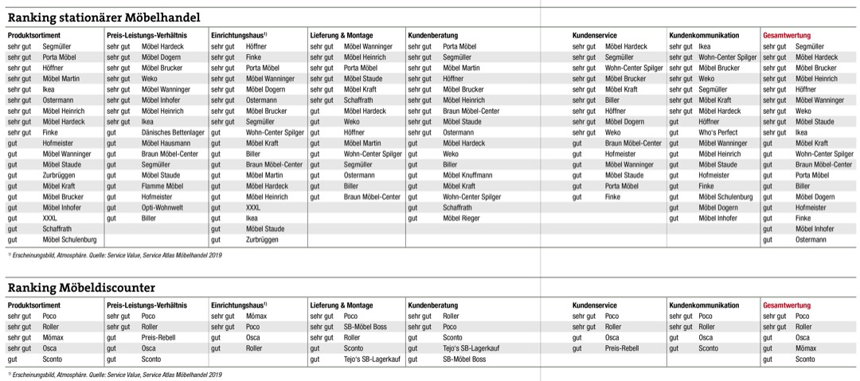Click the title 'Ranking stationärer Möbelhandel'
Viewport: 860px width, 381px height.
[104, 17]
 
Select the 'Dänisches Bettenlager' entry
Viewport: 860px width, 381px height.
[173, 132]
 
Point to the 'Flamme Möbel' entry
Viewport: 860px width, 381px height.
[162, 186]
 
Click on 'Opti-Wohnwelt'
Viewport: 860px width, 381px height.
[163, 207]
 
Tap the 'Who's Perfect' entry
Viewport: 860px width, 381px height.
[719, 132]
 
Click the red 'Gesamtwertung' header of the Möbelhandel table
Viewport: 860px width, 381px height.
[787, 35]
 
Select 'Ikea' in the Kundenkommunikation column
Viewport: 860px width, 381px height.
[705, 46]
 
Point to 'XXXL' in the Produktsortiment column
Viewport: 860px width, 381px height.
[50, 218]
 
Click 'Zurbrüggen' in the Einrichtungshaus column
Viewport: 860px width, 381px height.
[262, 239]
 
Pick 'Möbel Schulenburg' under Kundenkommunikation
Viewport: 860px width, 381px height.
[725, 196]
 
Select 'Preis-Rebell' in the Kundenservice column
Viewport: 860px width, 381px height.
[622, 348]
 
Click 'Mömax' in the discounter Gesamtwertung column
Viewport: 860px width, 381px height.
[806, 348]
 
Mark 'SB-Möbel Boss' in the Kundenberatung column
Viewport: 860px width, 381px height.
[464, 359]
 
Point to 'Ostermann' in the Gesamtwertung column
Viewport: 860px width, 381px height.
[811, 239]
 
